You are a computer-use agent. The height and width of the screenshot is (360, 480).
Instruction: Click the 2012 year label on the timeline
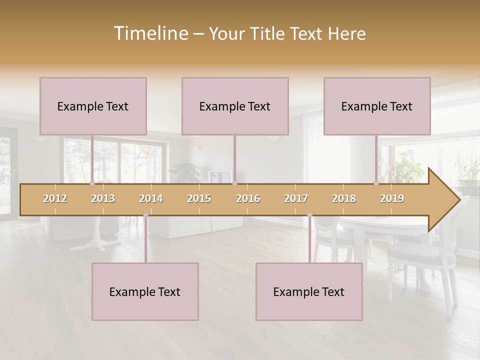(x=55, y=198)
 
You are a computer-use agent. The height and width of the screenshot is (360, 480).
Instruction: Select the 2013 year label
(x=103, y=198)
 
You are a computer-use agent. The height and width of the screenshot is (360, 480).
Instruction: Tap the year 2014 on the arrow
(x=151, y=198)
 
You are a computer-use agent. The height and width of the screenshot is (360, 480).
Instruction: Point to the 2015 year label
(x=199, y=198)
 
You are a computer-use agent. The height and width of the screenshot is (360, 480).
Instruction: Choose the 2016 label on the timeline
(x=248, y=198)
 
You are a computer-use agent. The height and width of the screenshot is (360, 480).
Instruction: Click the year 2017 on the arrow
(x=296, y=198)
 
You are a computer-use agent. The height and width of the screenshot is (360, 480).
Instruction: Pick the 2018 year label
(x=344, y=198)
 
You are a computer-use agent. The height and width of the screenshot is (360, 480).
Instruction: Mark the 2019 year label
(x=392, y=198)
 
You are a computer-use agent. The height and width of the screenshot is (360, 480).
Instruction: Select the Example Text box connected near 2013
(x=93, y=106)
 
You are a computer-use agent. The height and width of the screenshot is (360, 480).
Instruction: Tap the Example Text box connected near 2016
(x=235, y=106)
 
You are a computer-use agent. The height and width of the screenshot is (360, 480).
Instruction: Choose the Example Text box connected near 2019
(x=377, y=106)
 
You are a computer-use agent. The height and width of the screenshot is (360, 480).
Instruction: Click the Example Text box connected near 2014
(x=145, y=291)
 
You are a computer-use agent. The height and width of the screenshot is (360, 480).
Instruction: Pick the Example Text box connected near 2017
(x=309, y=291)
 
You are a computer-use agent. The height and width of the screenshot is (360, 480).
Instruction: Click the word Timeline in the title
(x=150, y=33)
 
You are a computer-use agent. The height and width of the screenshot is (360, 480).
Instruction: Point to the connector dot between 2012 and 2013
(x=92, y=183)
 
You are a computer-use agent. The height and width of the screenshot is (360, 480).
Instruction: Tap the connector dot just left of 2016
(x=234, y=183)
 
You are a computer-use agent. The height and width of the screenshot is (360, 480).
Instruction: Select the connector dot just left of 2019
(x=376, y=183)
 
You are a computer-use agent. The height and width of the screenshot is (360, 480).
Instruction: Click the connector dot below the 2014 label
(x=145, y=215)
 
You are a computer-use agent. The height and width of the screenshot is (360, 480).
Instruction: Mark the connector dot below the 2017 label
(x=309, y=215)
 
